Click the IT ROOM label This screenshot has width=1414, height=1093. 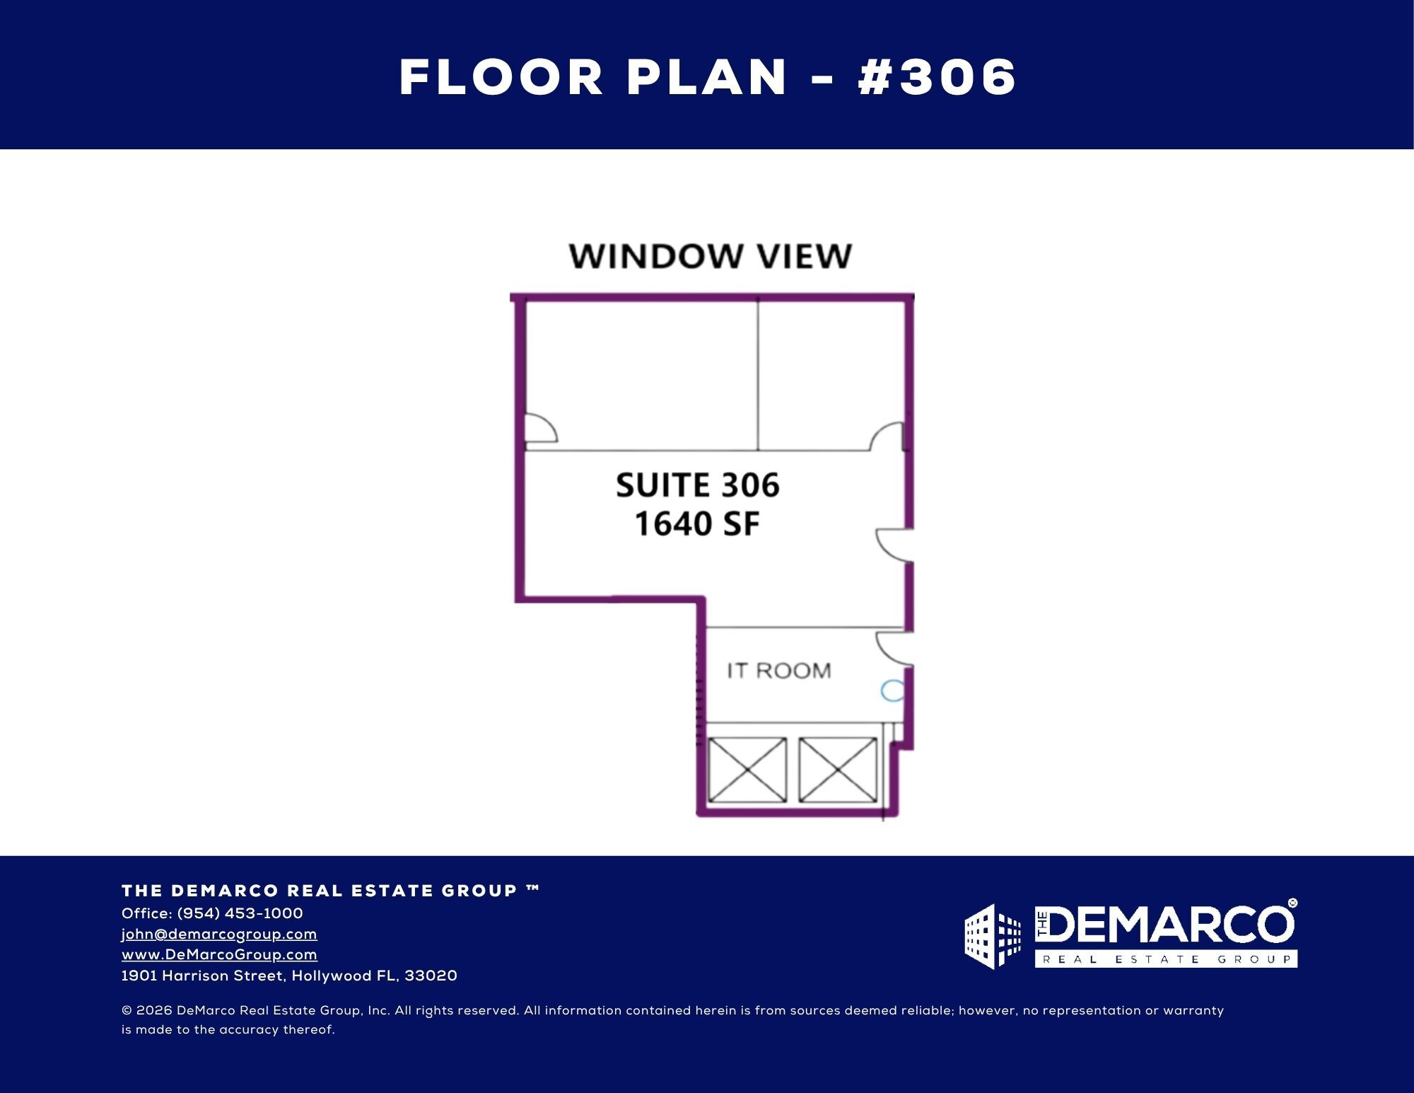tap(778, 670)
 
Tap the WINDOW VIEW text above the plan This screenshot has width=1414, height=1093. tap(711, 256)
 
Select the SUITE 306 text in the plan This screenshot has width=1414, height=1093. tap(697, 485)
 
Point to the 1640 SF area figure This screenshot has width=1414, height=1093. tap(697, 524)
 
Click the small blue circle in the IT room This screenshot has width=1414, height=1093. tap(893, 690)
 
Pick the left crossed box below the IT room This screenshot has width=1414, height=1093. tap(747, 770)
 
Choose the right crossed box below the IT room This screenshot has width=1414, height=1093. tap(838, 770)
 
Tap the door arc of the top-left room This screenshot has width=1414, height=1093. tap(540, 429)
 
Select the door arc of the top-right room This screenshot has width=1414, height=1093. tap(887, 437)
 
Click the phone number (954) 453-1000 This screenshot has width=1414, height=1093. tap(240, 913)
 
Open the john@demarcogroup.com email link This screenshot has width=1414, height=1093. tap(219, 934)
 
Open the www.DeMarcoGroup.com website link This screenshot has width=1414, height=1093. tap(219, 954)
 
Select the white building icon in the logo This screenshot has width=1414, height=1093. tap(993, 936)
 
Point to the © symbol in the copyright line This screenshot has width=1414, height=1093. tap(127, 1011)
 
